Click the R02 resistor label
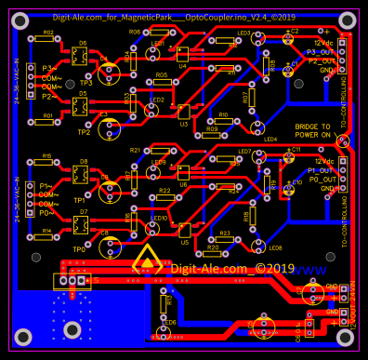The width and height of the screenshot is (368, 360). click(47, 32)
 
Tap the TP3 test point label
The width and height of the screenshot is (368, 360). click(85, 83)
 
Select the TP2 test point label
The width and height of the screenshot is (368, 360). click(84, 132)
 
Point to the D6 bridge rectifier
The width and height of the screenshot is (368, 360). click(82, 55)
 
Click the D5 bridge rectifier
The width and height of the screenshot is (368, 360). click(82, 105)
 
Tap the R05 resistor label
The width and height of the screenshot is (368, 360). click(161, 75)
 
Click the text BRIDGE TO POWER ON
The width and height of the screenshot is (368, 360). click(312, 130)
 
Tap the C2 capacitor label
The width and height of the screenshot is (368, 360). click(294, 31)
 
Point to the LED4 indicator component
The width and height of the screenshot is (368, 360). click(270, 140)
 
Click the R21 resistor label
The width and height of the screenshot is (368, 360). click(136, 149)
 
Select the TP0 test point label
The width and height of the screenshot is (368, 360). click(78, 249)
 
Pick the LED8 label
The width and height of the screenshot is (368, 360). click(275, 247)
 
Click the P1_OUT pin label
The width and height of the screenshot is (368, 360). click(321, 170)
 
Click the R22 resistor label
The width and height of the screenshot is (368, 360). click(164, 190)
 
